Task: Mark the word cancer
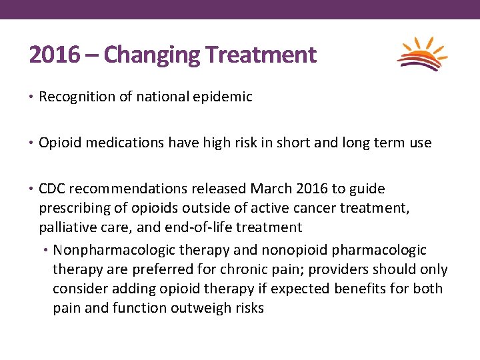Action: click(302, 208)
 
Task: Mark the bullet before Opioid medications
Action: click(32, 143)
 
